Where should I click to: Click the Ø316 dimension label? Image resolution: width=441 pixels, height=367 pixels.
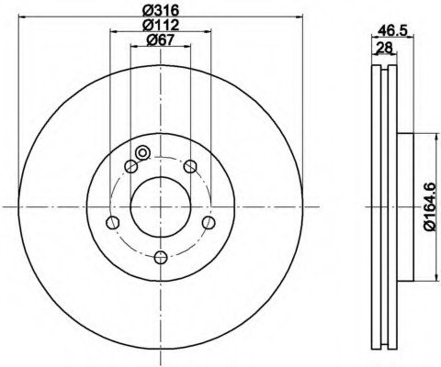161,11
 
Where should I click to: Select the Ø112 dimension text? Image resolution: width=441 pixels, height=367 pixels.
161,25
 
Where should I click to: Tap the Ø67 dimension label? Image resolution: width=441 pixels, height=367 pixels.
161,39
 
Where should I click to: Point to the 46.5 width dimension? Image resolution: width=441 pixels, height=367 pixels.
392,30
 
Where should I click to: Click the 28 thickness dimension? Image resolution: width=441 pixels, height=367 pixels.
384,48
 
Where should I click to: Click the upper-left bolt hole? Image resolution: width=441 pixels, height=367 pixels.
130,166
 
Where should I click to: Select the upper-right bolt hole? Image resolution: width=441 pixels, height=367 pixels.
190,166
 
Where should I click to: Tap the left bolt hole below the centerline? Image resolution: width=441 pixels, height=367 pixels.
112,222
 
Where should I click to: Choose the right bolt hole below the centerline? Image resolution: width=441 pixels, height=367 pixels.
209,222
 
